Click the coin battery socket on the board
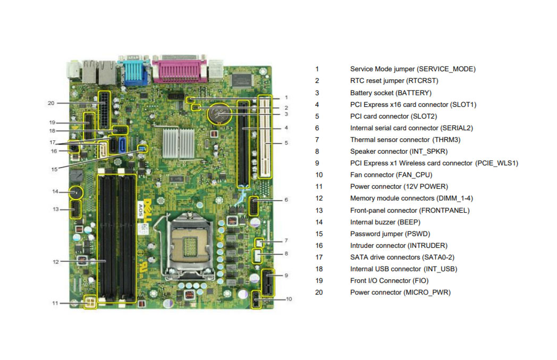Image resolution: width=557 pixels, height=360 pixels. coord(220,114)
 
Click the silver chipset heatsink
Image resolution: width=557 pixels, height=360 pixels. coord(179,143)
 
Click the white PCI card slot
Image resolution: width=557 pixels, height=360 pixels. coord(265,137)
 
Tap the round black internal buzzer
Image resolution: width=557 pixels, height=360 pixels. coord(75,193)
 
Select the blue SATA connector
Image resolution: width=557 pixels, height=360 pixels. coord(122,145)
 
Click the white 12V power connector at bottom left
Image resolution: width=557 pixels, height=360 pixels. coord(90,303)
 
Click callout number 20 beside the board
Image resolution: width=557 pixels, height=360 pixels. coord(51,103)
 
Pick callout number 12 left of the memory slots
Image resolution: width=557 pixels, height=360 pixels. coord(56,262)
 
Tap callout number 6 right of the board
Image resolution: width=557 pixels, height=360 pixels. coord(286,200)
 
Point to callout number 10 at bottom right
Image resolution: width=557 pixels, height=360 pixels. coord(289,299)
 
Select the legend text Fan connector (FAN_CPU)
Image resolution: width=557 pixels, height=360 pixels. coord(391,175)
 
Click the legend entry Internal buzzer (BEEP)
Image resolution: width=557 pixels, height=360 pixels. coord(385,222)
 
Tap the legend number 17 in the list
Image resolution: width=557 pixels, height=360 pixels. coord(319,257)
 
